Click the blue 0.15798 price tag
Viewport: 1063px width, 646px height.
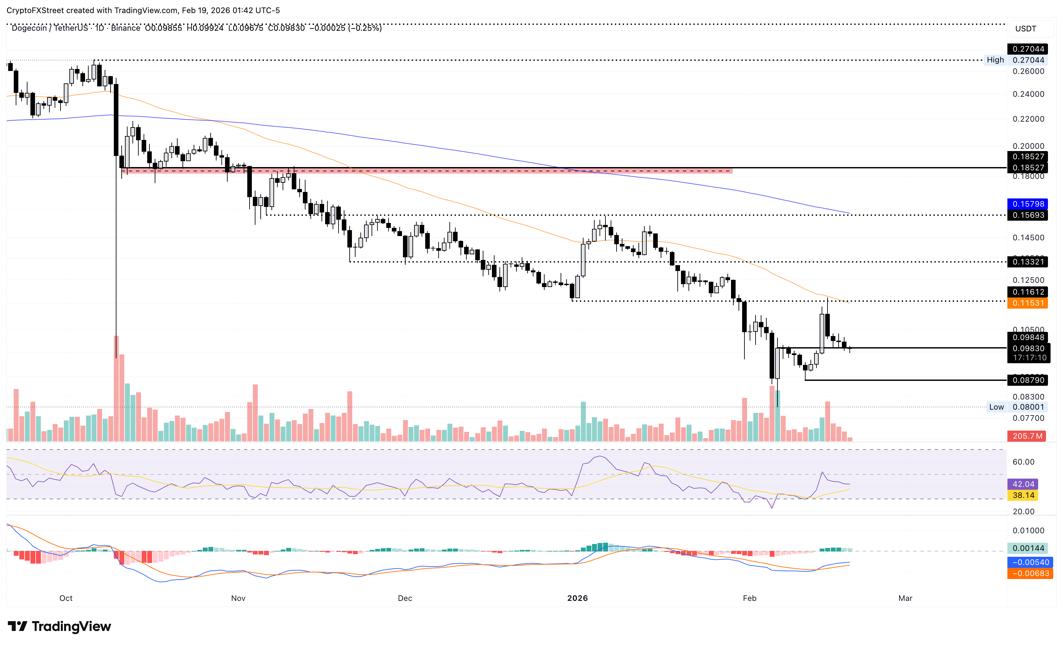[1028, 204]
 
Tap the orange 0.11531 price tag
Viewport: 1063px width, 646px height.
[1028, 303]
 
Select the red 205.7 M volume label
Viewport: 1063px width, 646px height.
[1027, 436]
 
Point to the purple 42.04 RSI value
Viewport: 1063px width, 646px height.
[1023, 484]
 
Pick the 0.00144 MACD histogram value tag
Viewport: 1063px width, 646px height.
[1028, 548]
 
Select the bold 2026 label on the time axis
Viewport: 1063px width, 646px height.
[577, 598]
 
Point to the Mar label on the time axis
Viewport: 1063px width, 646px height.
[905, 598]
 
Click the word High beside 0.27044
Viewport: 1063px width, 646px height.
[995, 60]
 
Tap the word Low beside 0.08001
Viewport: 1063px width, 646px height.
[996, 407]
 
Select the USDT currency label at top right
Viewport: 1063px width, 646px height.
[1025, 29]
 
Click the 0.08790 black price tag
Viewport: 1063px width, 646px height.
[1028, 380]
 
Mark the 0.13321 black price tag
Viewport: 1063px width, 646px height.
[1028, 262]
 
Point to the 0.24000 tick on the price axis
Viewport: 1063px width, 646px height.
[1028, 94]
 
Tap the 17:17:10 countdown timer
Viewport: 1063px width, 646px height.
[1029, 358]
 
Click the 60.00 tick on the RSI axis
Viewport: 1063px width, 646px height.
[1023, 462]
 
